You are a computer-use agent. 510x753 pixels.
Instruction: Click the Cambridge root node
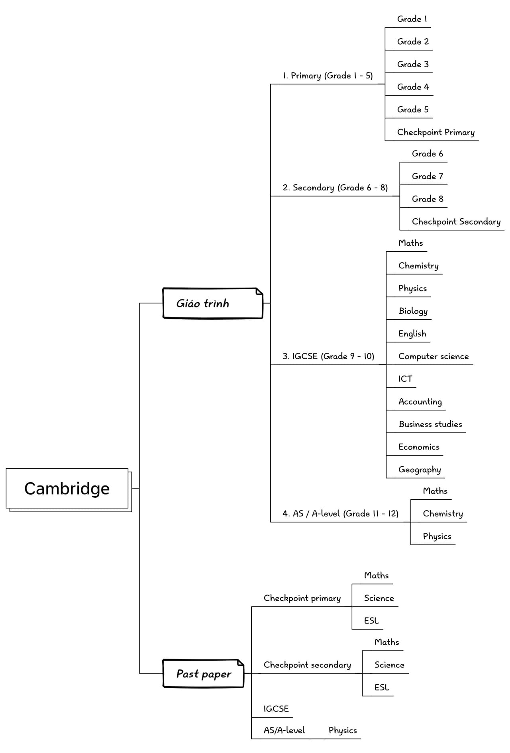[x=67, y=488]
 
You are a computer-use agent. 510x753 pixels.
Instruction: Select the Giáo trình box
[x=213, y=303]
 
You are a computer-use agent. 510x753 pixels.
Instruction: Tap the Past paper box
[x=203, y=673]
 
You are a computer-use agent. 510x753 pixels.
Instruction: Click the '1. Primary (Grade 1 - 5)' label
[x=328, y=76]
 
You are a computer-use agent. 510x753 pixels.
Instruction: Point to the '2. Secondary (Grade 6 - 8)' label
[x=335, y=188]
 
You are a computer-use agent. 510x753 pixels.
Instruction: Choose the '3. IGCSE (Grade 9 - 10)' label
[x=328, y=356]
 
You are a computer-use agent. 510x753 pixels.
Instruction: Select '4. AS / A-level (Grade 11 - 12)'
[x=340, y=513]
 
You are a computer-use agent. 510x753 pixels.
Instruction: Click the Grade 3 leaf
[x=413, y=64]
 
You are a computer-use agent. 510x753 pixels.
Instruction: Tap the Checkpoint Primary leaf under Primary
[x=436, y=132]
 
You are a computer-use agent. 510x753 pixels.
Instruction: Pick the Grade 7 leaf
[x=428, y=176]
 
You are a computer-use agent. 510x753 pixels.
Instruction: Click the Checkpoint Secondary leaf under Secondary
[x=456, y=221]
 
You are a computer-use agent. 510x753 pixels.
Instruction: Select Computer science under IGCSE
[x=433, y=356]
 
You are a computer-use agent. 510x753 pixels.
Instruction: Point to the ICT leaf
[x=405, y=379]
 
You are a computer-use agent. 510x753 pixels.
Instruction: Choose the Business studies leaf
[x=430, y=424]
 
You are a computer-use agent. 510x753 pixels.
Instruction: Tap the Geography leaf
[x=420, y=470]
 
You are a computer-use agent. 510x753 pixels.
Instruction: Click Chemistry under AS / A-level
[x=443, y=514]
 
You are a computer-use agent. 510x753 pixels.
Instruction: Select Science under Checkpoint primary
[x=379, y=598]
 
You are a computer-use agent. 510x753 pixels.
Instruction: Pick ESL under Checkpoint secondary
[x=382, y=687]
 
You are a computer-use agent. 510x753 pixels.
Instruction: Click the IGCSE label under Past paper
[x=276, y=709]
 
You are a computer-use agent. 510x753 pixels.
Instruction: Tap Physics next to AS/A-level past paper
[x=343, y=731]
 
